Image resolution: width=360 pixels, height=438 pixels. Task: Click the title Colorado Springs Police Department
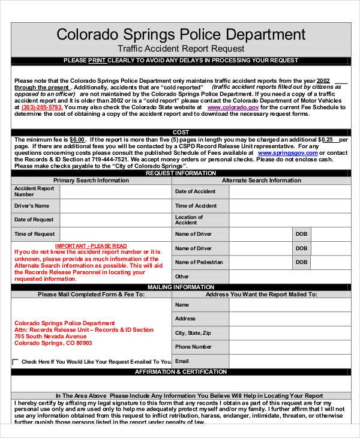pyautogui.click(x=181, y=34)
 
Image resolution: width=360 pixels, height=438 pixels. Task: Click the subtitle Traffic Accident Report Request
pyautogui.click(x=181, y=49)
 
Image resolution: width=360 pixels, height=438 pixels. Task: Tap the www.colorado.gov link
pyautogui.click(x=225, y=107)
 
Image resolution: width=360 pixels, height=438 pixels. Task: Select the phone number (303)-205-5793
pyautogui.click(x=41, y=107)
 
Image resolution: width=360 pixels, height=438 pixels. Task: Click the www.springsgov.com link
pyautogui.click(x=283, y=153)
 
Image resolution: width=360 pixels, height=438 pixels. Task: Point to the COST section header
pyautogui.click(x=181, y=132)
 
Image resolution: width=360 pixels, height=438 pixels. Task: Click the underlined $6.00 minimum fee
pyautogui.click(x=77, y=139)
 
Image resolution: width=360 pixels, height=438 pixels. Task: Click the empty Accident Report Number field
pyautogui.click(x=115, y=191)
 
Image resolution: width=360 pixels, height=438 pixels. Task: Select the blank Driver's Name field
pyautogui.click(x=115, y=206)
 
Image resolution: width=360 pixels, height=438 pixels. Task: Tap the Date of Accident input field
pyautogui.click(x=289, y=191)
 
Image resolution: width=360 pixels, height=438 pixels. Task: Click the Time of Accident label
pyautogui.click(x=196, y=206)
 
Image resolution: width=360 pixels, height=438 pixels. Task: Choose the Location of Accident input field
pyautogui.click(x=289, y=220)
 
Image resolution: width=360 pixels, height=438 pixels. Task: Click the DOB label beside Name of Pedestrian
pyautogui.click(x=301, y=262)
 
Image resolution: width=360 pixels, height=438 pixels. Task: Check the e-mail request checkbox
pyautogui.click(x=16, y=362)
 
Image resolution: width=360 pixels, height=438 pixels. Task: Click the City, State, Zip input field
pyautogui.click(x=289, y=333)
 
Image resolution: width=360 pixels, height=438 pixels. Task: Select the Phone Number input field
pyautogui.click(x=289, y=347)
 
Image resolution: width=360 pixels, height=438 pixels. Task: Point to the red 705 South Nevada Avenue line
pyautogui.click(x=55, y=337)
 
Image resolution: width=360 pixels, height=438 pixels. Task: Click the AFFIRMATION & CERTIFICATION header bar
pyautogui.click(x=181, y=372)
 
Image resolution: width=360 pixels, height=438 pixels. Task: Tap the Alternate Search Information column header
pyautogui.click(x=262, y=180)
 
